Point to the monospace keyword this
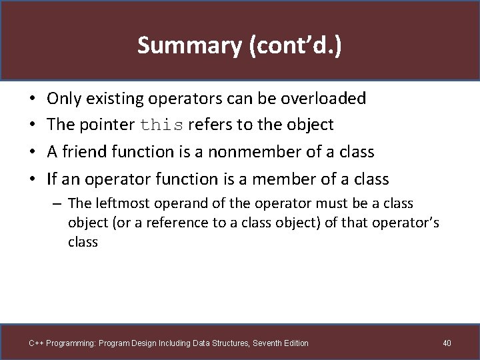(x=163, y=125)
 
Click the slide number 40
(x=447, y=343)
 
